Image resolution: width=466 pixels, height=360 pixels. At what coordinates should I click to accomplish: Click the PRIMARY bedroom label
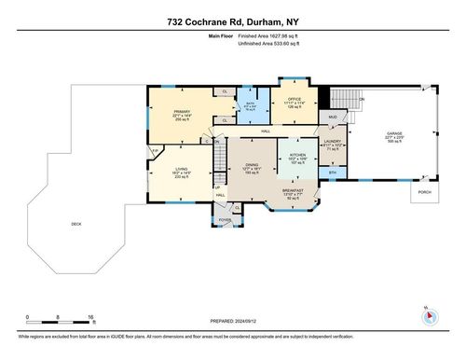[x=182, y=111]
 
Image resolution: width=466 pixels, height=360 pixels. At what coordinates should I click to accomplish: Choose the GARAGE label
[x=396, y=133]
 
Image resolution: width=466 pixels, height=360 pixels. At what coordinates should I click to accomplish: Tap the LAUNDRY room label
[x=334, y=144]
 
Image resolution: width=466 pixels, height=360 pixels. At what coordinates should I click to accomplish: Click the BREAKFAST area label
[x=295, y=192]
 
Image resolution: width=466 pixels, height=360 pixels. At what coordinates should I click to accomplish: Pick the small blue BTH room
[x=333, y=173]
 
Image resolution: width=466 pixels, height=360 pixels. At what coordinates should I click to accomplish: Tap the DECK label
[x=76, y=225]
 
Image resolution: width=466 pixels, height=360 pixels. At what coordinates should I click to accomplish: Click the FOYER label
[x=224, y=220]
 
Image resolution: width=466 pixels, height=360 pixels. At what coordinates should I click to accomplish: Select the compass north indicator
[x=429, y=314]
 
